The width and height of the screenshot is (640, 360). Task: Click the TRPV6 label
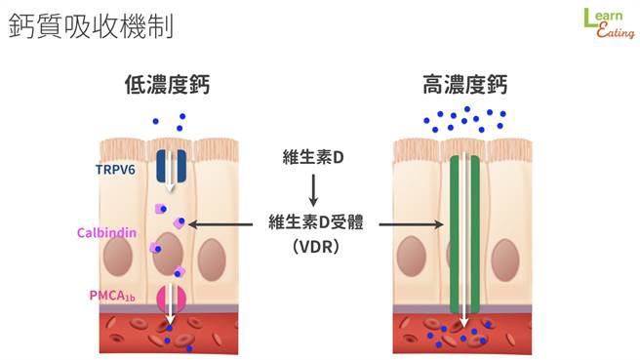tap(116, 169)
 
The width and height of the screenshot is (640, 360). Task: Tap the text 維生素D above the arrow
tap(313, 156)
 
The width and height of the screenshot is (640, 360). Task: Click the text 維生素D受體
tap(314, 223)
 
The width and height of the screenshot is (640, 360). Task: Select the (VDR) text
tap(314, 248)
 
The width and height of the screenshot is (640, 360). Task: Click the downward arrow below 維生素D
tap(313, 189)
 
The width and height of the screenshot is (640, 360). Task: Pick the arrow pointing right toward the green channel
tap(411, 223)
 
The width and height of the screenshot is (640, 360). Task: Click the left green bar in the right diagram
tap(455, 234)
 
